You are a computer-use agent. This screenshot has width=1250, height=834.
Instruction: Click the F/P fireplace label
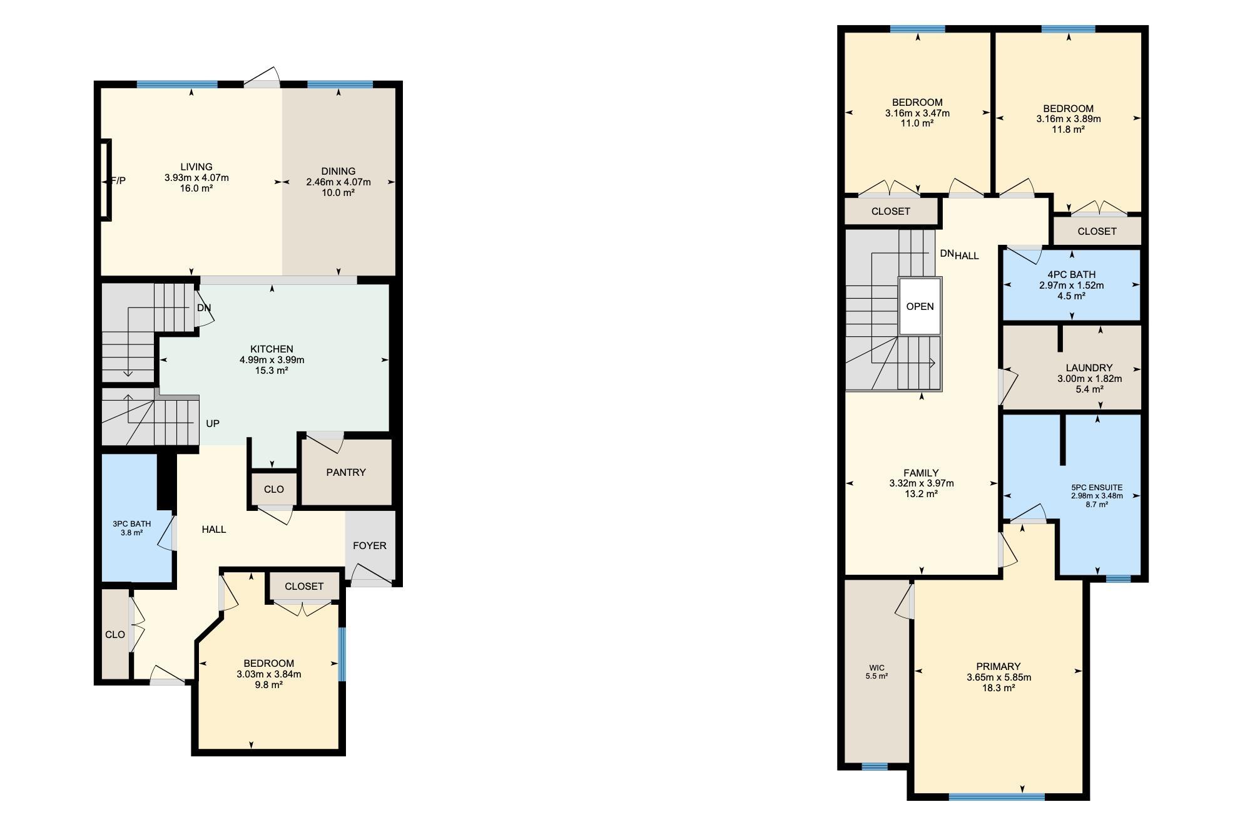coord(118,180)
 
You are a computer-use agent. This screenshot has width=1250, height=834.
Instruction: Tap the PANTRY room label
coord(346,472)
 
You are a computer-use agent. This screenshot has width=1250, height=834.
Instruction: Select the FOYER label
coord(370,545)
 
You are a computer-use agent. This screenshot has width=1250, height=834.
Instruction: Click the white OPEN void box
coord(920,306)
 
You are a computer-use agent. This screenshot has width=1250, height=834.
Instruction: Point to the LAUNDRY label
coord(1089,368)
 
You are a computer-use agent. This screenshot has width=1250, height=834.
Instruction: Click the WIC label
coord(877,667)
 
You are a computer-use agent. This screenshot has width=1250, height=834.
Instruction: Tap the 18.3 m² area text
coord(998,687)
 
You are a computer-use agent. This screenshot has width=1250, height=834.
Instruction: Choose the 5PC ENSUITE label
coord(1097,487)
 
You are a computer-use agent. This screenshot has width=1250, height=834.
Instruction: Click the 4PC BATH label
coord(1071,274)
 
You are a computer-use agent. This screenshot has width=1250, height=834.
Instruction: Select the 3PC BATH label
coord(131,524)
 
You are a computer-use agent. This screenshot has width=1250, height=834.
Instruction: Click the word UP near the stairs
coord(213,423)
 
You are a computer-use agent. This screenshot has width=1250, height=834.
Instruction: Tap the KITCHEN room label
coord(272,349)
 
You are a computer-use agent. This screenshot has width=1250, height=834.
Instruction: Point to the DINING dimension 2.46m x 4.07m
coord(338,182)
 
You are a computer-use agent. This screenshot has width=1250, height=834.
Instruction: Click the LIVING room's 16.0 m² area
coord(196,188)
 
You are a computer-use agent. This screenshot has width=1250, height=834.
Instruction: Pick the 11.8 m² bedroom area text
coord(1069,130)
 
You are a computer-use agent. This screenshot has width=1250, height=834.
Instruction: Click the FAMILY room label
coord(921,473)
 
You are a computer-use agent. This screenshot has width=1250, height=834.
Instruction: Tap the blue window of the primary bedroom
coord(997,797)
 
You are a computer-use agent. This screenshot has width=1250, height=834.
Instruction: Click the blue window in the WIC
coord(875,766)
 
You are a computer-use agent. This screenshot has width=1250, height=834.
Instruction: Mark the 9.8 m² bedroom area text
coord(269,684)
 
